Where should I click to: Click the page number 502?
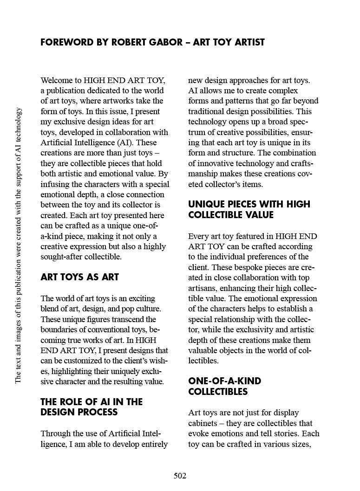point(180,476)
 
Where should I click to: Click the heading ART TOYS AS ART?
point(79,277)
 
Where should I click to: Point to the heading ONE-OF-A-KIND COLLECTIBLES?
point(224,386)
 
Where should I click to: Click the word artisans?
point(203,288)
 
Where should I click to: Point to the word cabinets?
point(204,423)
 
